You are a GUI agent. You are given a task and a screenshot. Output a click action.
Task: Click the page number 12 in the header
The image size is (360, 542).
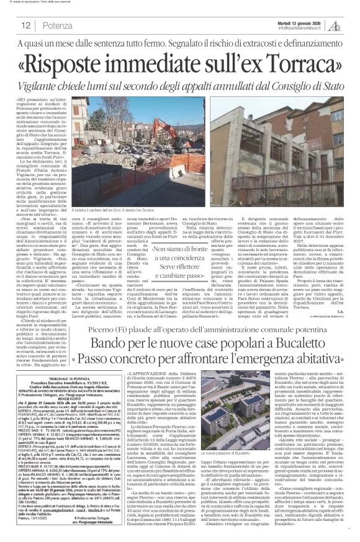click(x=27, y=25)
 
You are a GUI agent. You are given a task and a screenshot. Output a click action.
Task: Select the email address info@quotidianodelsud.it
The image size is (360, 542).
click(x=300, y=27)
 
